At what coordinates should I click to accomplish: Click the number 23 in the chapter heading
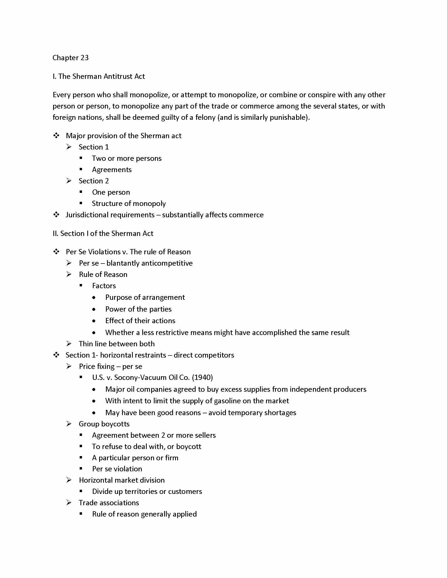click(84, 58)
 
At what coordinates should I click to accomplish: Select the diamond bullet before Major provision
click(56, 136)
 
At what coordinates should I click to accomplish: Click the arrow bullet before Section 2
click(69, 181)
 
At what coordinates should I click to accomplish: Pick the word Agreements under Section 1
click(112, 170)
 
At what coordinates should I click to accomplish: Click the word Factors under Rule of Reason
click(104, 286)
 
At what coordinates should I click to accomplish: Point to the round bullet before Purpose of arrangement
click(94, 297)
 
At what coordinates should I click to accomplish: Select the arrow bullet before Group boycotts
click(69, 424)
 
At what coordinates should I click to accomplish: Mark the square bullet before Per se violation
click(81, 469)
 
